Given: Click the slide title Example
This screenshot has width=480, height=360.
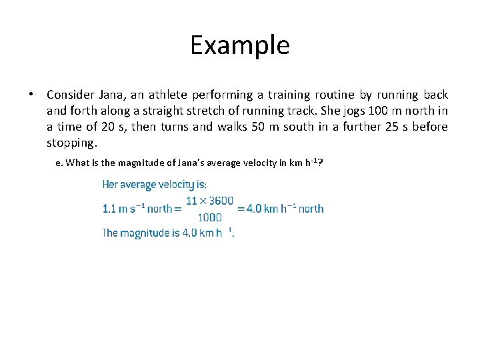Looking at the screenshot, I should pyautogui.click(x=240, y=45).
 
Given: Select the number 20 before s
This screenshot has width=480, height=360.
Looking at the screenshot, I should pyautogui.click(x=106, y=127).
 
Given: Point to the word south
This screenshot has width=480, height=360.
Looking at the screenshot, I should pyautogui.click(x=297, y=127).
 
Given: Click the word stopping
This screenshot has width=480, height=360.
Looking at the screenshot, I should pyautogui.click(x=72, y=143).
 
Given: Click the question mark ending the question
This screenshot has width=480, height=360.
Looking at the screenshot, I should pyautogui.click(x=321, y=163).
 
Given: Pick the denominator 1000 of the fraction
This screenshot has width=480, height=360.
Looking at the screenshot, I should pyautogui.click(x=210, y=217).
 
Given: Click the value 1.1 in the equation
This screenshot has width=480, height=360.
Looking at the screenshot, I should pyautogui.click(x=109, y=209).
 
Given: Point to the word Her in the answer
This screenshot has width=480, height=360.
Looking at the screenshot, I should pyautogui.click(x=110, y=185).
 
